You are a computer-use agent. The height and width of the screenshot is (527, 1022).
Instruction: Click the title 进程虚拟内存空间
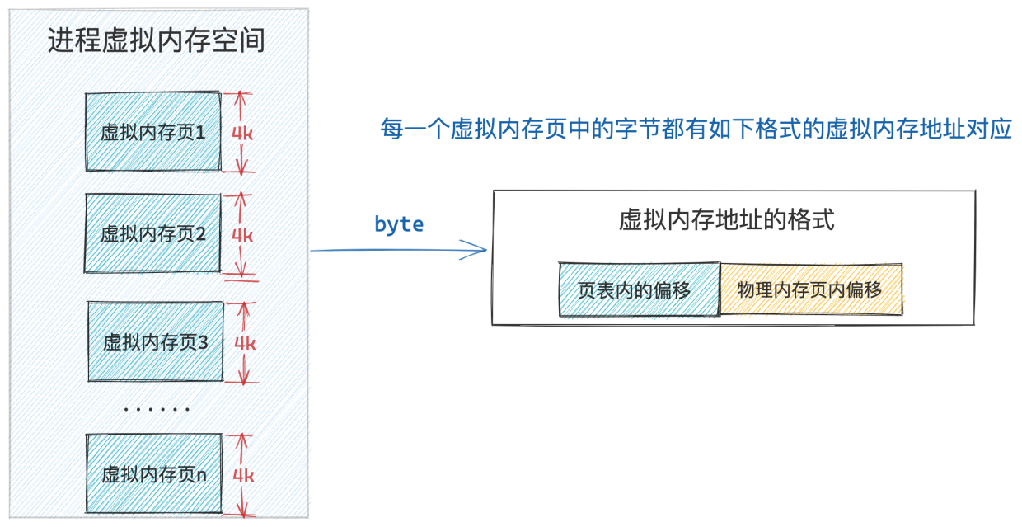point(156,40)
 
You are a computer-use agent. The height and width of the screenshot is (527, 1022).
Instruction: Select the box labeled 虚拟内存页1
point(153,132)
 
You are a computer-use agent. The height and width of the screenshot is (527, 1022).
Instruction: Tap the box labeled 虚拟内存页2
point(152,233)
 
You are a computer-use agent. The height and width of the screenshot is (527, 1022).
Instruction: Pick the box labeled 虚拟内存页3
point(156,341)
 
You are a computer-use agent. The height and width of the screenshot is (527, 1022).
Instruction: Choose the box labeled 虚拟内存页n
point(154,473)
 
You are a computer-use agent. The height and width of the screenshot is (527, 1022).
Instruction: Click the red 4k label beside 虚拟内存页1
point(242,134)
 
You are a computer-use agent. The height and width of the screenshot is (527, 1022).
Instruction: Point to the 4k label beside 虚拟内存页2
point(242,236)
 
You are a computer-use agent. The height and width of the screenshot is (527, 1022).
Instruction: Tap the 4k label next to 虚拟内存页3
point(245,343)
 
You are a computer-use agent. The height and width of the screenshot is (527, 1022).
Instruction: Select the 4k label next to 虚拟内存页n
point(244,476)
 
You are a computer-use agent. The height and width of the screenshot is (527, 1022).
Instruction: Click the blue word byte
point(399,224)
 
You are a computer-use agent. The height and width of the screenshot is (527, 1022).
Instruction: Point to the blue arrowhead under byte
point(475,250)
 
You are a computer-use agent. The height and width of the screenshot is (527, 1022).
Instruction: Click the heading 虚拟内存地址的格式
point(727,220)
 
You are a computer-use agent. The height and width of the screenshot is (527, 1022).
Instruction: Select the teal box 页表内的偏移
point(640,289)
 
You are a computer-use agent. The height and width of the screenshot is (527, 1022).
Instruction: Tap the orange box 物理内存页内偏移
point(811,289)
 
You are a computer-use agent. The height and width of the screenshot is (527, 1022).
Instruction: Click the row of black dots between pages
point(157,409)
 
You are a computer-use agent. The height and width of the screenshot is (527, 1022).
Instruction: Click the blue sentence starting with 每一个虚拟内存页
point(696,129)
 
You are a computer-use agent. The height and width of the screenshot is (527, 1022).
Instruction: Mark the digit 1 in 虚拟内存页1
point(199,133)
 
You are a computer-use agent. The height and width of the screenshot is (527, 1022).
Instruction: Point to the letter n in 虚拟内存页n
point(201,476)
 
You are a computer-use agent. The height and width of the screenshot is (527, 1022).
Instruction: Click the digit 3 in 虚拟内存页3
point(203,342)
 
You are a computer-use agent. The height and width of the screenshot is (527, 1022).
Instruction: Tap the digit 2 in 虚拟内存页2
point(200,234)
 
